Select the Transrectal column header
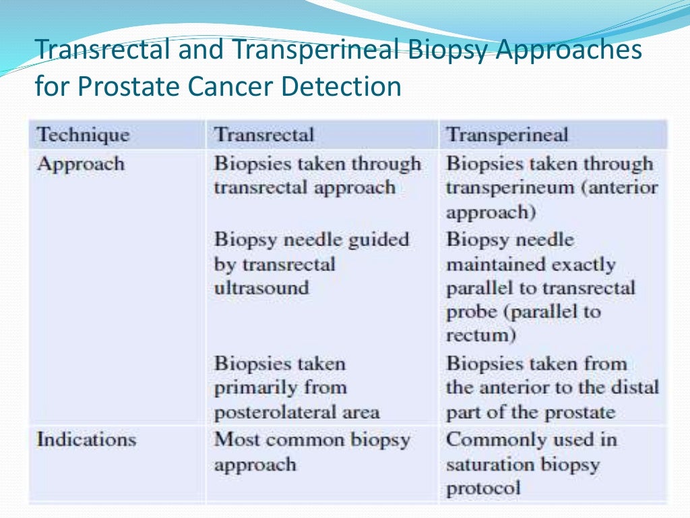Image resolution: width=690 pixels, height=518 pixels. [x=263, y=134]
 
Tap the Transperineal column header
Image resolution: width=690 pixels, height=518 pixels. [x=507, y=134]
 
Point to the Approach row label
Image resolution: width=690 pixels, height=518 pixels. [x=80, y=164]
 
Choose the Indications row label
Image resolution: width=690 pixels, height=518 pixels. [x=86, y=440]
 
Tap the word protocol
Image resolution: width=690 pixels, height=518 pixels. [x=482, y=488]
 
